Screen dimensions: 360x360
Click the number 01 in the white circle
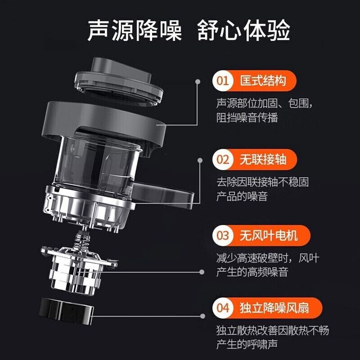222,81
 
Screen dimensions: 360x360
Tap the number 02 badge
222,160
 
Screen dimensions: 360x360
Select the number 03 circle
222,235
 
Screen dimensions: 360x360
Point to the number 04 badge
222,308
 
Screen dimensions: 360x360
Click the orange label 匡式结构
263,81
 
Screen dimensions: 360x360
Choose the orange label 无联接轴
263,160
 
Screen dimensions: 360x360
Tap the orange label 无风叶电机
269,235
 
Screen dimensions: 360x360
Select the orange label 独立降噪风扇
275,308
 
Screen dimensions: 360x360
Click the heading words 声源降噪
134,30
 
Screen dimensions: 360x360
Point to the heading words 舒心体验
243,30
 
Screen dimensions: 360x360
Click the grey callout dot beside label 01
197,82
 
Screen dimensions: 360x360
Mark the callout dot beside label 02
200,160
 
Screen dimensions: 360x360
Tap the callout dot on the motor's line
202,272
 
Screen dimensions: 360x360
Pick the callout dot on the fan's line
203,316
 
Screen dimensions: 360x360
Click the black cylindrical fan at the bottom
67,311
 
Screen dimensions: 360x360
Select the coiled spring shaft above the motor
82,240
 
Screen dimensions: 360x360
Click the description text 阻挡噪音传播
247,118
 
